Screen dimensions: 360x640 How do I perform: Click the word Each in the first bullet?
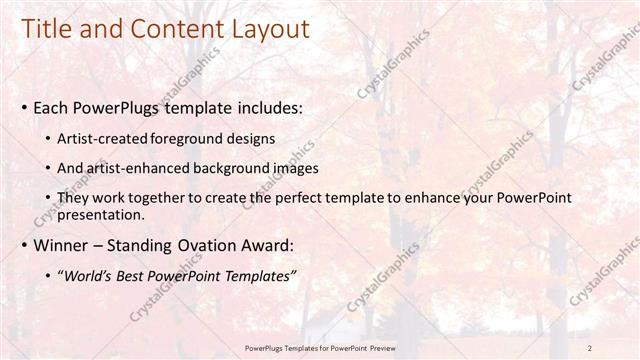(x=51, y=106)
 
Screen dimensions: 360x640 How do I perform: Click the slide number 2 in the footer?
(x=590, y=347)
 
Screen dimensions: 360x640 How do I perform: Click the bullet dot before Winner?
(x=24, y=246)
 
